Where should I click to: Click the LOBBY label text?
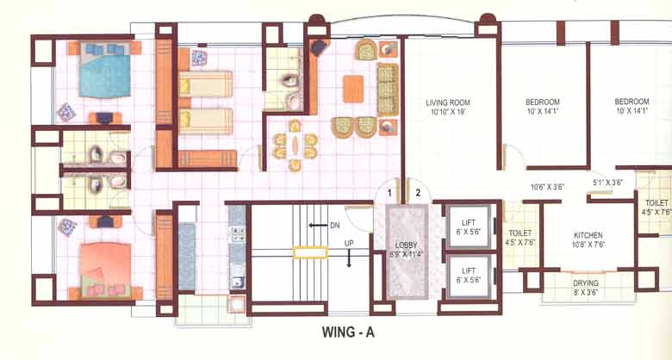[x=405, y=245]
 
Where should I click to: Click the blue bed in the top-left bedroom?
[x=104, y=74]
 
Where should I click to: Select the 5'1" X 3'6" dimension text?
[x=608, y=182]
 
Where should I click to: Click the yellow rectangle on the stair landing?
[x=310, y=252]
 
